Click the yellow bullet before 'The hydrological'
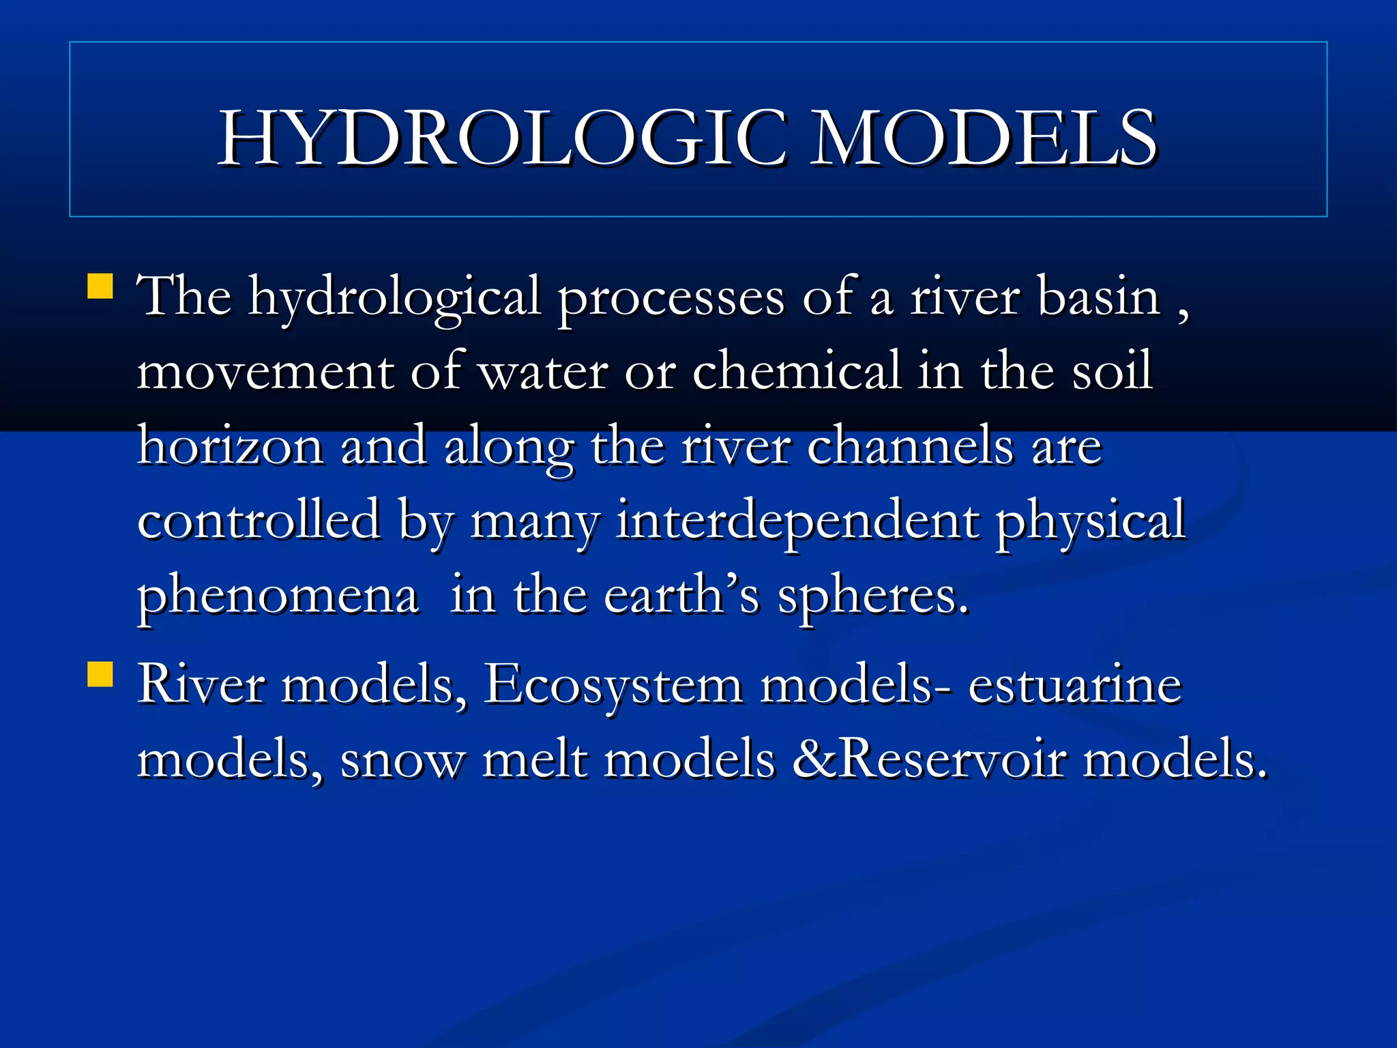[100, 287]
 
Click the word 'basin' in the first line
[1098, 297]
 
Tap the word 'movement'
[265, 373]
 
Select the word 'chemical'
[797, 371]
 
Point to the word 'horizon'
[231, 446]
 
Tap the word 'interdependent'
[797, 522]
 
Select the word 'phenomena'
[278, 597]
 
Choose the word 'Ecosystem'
[613, 686]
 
